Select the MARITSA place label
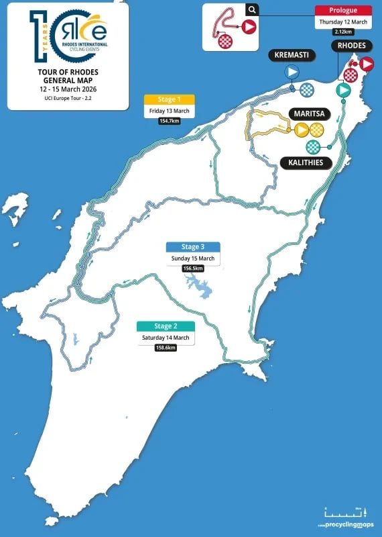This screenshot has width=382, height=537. tap(309, 113)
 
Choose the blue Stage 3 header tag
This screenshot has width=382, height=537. tap(193, 247)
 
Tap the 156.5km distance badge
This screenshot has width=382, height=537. tap(193, 268)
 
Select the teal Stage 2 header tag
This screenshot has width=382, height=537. tap(166, 326)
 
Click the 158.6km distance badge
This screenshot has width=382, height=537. tap(166, 348)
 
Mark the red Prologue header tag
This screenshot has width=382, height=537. tap(343, 10)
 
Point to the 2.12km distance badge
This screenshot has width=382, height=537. tap(343, 32)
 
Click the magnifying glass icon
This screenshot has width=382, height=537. tap(251, 9)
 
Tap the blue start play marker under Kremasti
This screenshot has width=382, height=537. tap(292, 72)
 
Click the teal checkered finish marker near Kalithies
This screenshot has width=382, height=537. tap(313, 146)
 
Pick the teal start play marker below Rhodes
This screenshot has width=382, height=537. tap(343, 89)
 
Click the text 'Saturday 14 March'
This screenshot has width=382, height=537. tap(166, 337)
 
